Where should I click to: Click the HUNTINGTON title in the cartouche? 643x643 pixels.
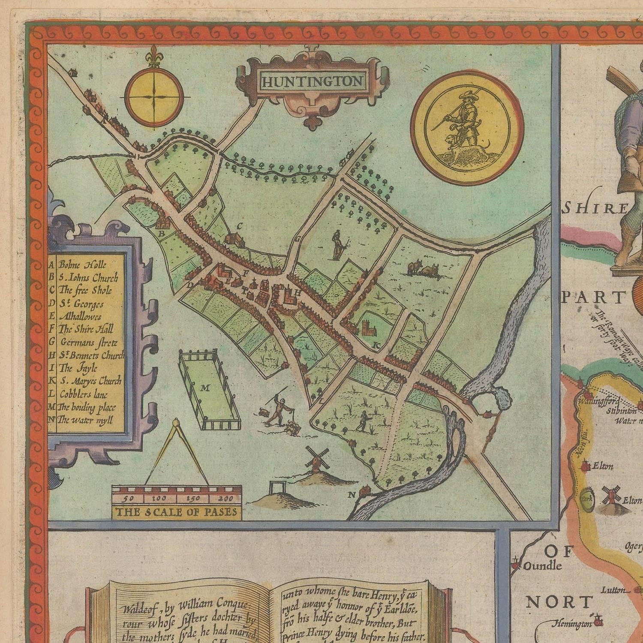(312, 81)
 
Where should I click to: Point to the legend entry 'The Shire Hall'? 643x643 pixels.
(86, 329)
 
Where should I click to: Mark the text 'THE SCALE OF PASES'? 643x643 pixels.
(176, 512)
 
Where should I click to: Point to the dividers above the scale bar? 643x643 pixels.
(177, 450)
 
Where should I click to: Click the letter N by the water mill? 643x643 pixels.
(352, 495)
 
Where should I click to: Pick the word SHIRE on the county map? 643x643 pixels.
(595, 209)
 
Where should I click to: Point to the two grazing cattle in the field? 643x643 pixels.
(422, 269)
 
